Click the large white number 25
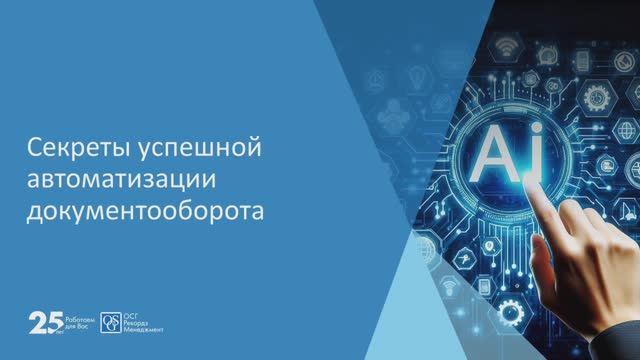tap(44, 322)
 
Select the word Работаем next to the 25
tap(79, 318)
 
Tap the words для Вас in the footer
tap(77, 326)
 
